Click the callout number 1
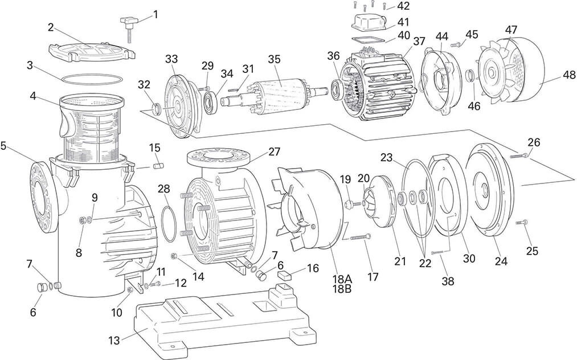[x=156, y=14]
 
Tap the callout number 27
[x=275, y=152]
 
